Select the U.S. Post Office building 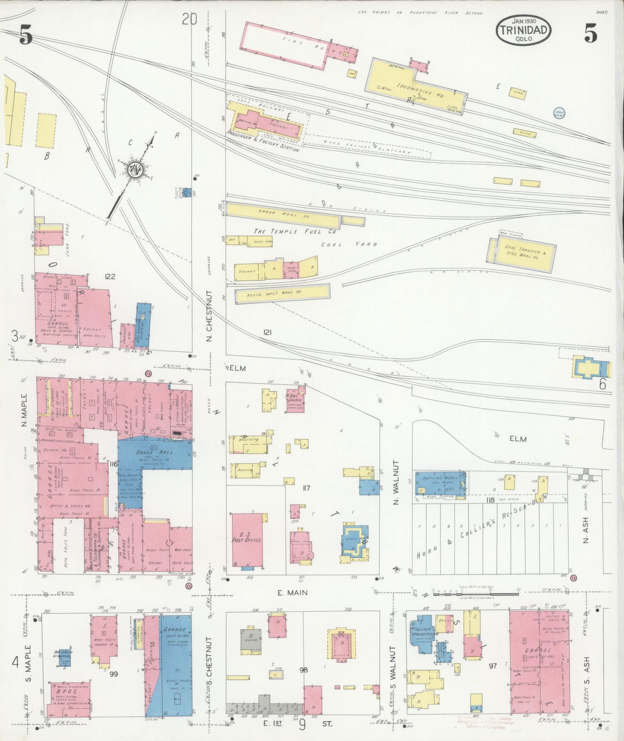click(247, 539)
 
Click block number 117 click(306, 489)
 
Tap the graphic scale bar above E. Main click(475, 590)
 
